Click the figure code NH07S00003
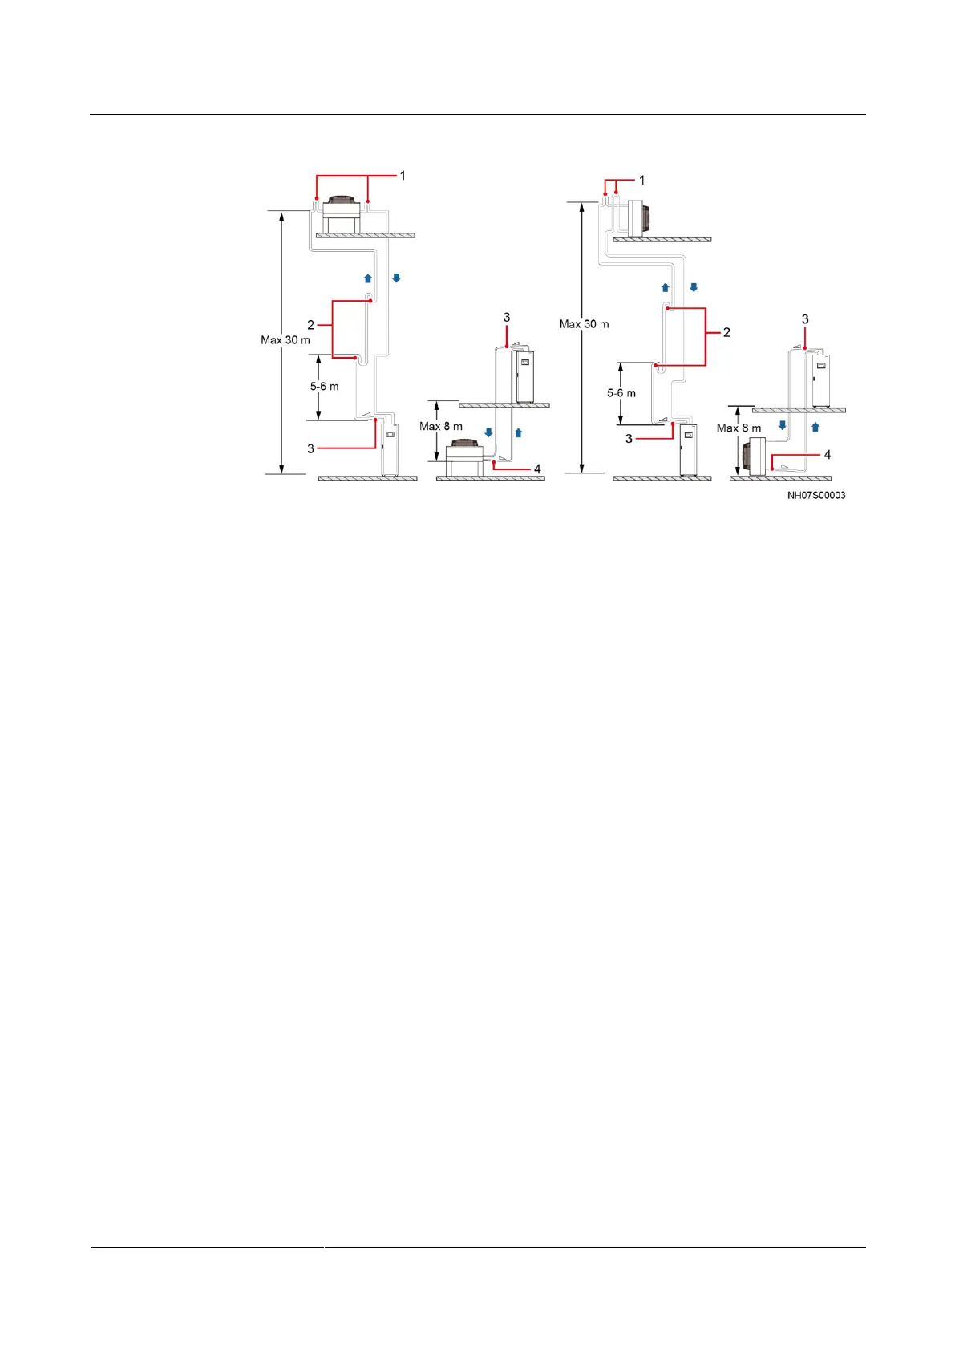pyautogui.click(x=815, y=496)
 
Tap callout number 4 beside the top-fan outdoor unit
pyautogui.click(x=537, y=469)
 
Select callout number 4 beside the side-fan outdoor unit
pyautogui.click(x=828, y=455)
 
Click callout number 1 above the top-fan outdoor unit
pyautogui.click(x=403, y=175)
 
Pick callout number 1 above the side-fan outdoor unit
pyautogui.click(x=641, y=181)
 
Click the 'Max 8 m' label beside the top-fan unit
pyautogui.click(x=441, y=427)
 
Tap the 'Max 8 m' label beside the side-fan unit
pyautogui.click(x=739, y=428)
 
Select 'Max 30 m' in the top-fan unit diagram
pyautogui.click(x=285, y=340)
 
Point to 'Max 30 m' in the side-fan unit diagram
pyautogui.click(x=584, y=324)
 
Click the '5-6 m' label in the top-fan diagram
pyautogui.click(x=324, y=387)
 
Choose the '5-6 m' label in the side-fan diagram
pyautogui.click(x=621, y=393)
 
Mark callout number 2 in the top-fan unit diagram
pyautogui.click(x=311, y=325)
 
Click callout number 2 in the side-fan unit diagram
pyautogui.click(x=726, y=332)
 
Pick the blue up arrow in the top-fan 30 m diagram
pyautogui.click(x=368, y=278)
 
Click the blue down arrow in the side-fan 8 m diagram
pyautogui.click(x=783, y=426)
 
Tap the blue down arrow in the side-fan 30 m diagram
pyautogui.click(x=694, y=287)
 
